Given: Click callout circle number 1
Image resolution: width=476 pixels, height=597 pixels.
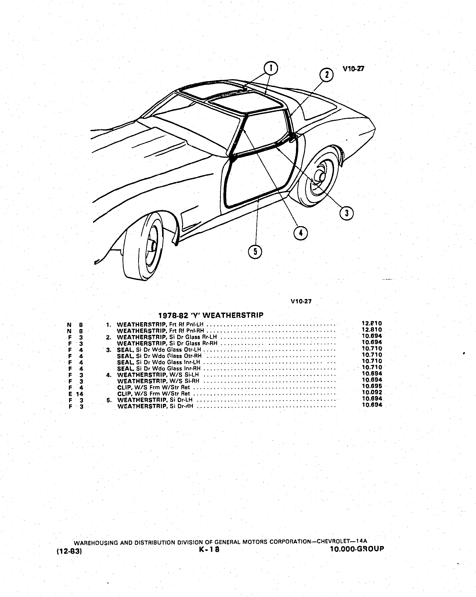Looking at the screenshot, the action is pyautogui.click(x=271, y=68).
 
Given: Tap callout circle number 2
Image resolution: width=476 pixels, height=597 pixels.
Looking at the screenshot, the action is pyautogui.click(x=326, y=75).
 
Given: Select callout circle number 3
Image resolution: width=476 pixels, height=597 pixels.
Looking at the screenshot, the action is pyautogui.click(x=346, y=213).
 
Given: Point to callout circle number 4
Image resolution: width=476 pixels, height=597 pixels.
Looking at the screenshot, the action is pyautogui.click(x=301, y=233).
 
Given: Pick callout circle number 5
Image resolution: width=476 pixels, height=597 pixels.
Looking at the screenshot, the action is pyautogui.click(x=255, y=251).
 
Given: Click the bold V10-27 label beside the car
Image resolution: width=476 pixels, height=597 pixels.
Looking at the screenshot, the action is pyautogui.click(x=353, y=69).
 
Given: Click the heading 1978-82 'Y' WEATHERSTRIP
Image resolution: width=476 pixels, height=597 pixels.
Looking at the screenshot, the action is pyautogui.click(x=211, y=315).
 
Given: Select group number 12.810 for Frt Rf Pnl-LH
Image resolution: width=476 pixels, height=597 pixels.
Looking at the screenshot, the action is pyautogui.click(x=372, y=323).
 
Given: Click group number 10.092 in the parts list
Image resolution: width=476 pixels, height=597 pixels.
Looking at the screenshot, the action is pyautogui.click(x=372, y=392).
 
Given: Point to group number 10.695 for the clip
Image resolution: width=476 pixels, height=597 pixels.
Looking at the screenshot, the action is pyautogui.click(x=372, y=386).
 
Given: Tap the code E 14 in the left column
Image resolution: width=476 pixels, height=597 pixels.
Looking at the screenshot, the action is pyautogui.click(x=76, y=394).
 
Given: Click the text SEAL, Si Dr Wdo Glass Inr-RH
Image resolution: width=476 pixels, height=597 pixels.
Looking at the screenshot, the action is pyautogui.click(x=159, y=369).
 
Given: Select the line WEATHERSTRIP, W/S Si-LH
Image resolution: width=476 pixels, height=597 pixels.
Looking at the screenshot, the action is pyautogui.click(x=158, y=375).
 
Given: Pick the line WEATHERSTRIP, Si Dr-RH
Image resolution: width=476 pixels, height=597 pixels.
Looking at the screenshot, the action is pyautogui.click(x=155, y=406).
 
